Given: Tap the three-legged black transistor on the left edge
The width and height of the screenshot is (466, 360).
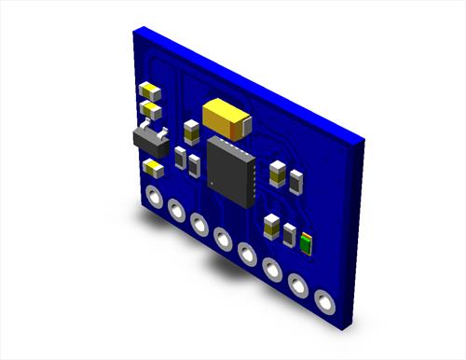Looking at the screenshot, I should coord(152,142).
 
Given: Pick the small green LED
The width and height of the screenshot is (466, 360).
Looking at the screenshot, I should coord(306,243).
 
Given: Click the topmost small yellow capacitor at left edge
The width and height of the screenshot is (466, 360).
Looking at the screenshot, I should coord(150,91).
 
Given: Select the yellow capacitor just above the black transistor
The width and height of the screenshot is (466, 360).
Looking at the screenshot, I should coord(149,111).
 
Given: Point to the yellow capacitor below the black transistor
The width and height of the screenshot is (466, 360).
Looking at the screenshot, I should coord(152,168).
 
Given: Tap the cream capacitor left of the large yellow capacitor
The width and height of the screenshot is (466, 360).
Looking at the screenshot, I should coord(192,131).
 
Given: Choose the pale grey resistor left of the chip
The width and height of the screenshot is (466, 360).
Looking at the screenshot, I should coord(180,159).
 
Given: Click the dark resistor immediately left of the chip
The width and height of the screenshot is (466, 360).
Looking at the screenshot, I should coord(194,166).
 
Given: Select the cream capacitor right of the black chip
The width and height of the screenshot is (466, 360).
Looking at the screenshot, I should coord(277,173).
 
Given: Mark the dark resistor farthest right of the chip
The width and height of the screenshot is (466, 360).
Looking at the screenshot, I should coord(296,182).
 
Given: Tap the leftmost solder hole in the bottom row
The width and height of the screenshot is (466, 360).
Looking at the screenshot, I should coord(152,198).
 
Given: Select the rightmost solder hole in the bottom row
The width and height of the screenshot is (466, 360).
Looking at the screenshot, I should coord(324,302).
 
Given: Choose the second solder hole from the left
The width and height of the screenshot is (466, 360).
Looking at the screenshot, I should coord(176,211).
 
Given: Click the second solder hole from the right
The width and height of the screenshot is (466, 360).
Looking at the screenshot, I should coord(298,285).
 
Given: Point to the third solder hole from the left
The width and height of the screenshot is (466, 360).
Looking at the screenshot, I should coord(199,224).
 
